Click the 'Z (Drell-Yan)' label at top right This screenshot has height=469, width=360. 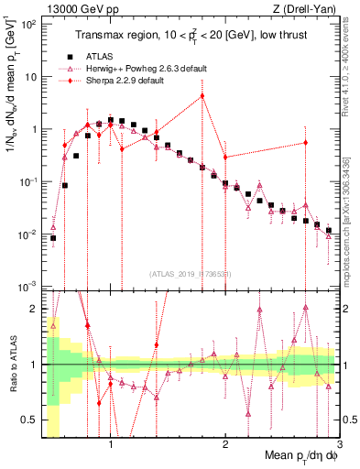(309, 8)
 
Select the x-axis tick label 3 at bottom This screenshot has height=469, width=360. (340, 445)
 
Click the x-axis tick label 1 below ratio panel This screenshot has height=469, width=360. (111, 445)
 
